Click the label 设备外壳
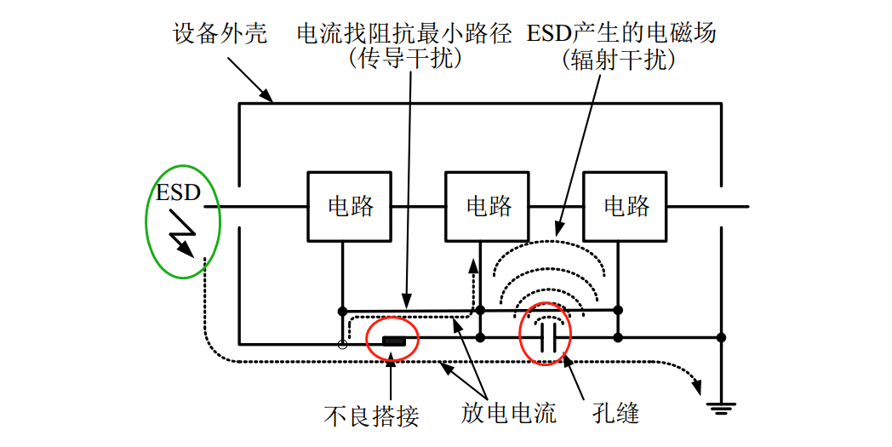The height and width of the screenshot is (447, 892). click(x=220, y=34)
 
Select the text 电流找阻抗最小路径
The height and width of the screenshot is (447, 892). click(x=403, y=34)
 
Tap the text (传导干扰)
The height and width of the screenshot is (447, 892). click(x=404, y=59)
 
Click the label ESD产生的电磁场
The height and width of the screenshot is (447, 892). click(x=621, y=34)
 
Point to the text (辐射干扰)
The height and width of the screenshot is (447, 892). click(x=620, y=59)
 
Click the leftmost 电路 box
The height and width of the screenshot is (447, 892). click(x=350, y=206)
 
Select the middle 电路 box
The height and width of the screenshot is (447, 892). click(x=489, y=206)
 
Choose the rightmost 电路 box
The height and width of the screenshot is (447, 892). click(x=626, y=206)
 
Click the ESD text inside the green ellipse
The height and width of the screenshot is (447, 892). click(x=178, y=192)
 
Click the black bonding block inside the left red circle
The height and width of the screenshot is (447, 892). click(x=393, y=341)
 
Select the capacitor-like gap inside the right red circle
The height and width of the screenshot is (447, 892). click(x=549, y=337)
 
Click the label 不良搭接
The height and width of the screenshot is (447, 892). click(x=372, y=415)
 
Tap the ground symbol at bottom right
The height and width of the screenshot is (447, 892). click(x=721, y=408)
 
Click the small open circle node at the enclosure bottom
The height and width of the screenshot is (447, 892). click(x=343, y=344)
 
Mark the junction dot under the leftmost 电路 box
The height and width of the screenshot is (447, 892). click(x=343, y=311)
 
